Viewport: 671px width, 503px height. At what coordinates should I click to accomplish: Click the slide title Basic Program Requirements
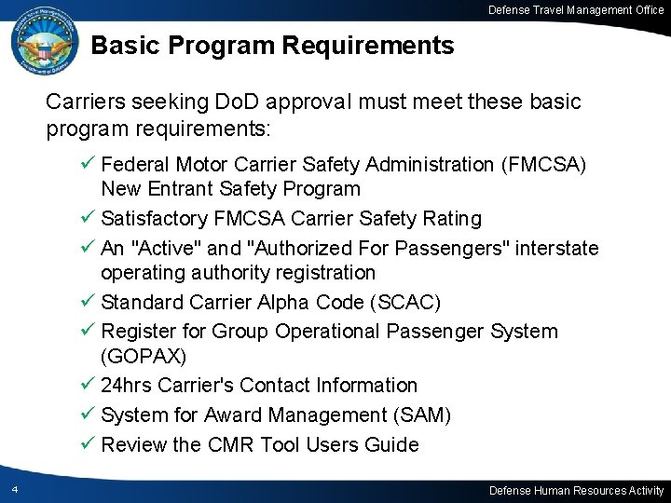[x=273, y=45]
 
